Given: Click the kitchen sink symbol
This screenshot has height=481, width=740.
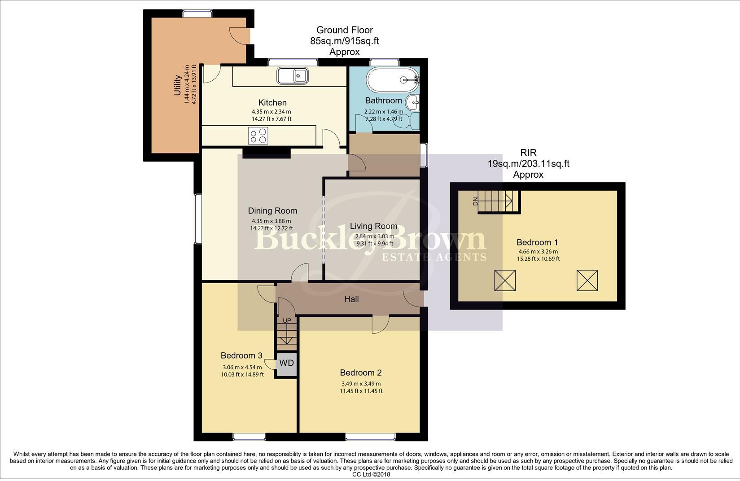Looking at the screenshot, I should pos(292,75).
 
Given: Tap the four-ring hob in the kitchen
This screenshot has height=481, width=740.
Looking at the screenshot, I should pos(258,136).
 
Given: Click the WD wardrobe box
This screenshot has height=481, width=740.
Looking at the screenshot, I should pos(286,363).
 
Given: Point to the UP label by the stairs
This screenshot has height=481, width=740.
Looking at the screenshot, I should pos(287,320).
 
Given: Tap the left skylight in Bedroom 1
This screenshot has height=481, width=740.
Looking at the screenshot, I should pos(505,280).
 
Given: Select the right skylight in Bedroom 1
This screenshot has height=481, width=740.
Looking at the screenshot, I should pos(587,280).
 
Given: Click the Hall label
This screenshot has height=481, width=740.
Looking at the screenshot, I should pos(351,299).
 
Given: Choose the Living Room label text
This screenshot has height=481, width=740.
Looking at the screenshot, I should pos(373,226).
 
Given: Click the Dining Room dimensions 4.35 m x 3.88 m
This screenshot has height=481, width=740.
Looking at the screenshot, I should pos(271,221).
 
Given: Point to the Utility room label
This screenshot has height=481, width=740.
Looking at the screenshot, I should pos(177,85).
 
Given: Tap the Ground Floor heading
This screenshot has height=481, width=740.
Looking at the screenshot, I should pos(345,30).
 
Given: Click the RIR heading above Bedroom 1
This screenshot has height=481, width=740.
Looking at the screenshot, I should pos(528,153).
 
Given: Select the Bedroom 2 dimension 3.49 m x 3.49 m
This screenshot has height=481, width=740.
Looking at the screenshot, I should pos(361,384).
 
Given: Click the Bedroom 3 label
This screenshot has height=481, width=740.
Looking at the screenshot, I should pos(241,356).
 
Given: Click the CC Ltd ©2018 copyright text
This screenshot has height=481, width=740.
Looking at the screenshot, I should pos(371,474).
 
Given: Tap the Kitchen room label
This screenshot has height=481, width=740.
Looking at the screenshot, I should pos(272,103).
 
